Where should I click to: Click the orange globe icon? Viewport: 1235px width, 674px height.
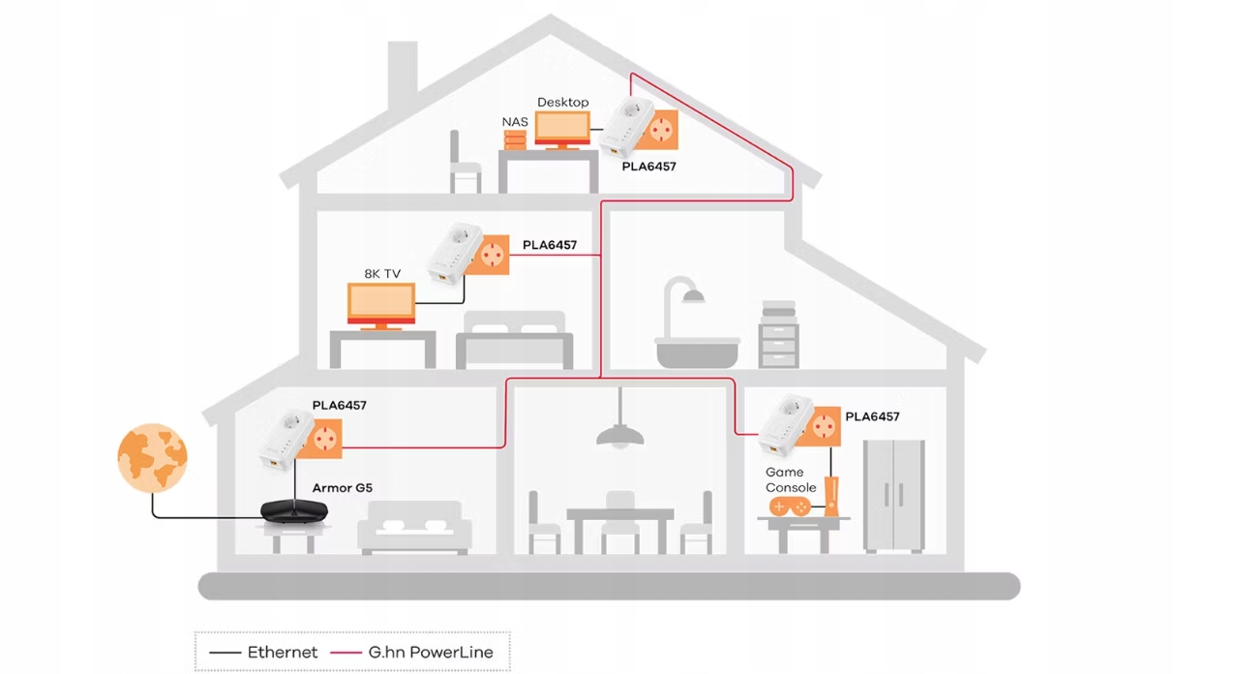pos(152,458)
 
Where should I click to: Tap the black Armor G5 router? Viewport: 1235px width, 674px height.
pos(294,510)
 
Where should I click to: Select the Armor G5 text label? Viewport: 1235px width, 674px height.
pos(342,488)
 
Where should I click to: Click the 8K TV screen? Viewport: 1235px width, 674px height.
pos(381,303)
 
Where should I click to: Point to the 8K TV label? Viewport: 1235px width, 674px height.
pos(381,274)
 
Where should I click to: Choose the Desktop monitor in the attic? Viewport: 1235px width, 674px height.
pos(562,128)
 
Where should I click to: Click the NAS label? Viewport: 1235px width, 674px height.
pos(515,121)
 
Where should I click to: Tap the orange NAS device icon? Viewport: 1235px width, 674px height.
pos(515,140)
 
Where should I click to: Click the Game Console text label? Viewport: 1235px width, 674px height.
pos(791,480)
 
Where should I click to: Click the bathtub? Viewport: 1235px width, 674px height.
pos(697,350)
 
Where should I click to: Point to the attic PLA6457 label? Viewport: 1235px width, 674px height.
pos(648,167)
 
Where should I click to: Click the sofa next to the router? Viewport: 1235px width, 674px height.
pos(414,530)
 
